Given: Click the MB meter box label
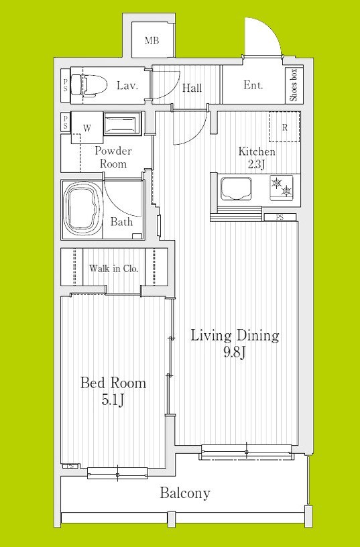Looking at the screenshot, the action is pos(152,40).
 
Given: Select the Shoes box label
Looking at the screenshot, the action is pos(294,84).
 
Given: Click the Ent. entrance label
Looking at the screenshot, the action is pos(253,84).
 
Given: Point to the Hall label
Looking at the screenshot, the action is pos(192,88).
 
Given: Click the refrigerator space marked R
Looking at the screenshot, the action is pos(284,127).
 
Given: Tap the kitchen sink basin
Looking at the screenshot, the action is pos(235,189).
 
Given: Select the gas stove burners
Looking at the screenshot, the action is pos(282,186).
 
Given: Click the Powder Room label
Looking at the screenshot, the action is pos(113,158).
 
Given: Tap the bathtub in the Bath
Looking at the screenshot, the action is pos(82,209).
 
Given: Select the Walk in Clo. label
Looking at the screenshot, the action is pos(114,269).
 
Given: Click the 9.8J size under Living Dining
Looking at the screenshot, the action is pos(235,353).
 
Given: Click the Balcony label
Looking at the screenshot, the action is pos(185,493).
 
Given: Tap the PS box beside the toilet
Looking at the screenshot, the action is pos(66,86).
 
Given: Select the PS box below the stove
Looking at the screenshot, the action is pos(280,217).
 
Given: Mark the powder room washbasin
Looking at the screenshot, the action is pos(123,123).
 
